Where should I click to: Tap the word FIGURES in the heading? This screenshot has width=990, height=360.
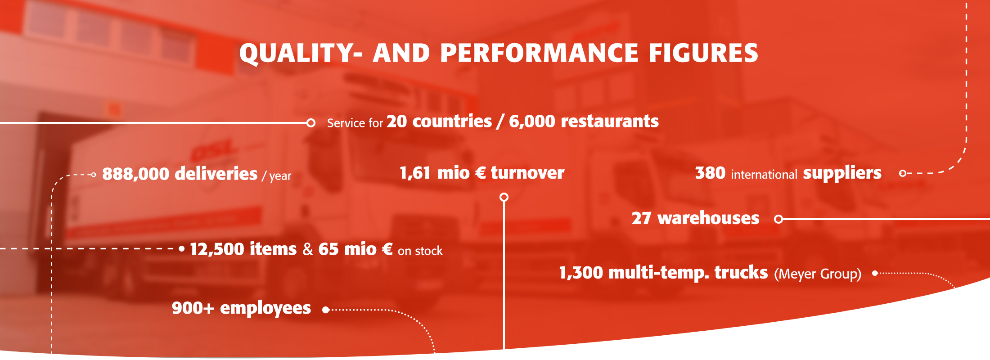[703, 53]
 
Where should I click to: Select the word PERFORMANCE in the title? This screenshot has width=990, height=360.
[540, 53]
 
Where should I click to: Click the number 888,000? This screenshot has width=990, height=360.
[135, 174]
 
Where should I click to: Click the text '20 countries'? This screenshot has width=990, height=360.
[439, 121]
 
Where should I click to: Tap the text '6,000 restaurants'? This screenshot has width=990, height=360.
[584, 121]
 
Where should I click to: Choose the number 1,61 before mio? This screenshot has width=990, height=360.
[415, 173]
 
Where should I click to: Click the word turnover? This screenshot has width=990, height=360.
[527, 173]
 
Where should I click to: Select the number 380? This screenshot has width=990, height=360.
[710, 173]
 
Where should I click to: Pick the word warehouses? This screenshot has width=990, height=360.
[708, 218]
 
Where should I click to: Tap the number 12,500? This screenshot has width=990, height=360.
[220, 249]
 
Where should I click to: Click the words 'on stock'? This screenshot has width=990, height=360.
[420, 251]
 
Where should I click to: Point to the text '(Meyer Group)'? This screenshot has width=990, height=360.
[818, 274]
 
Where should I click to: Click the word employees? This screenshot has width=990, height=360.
[265, 309]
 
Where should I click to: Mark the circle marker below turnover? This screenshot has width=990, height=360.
[504, 197]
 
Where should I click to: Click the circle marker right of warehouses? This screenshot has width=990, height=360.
[778, 219]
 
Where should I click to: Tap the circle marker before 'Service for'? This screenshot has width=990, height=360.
[310, 123]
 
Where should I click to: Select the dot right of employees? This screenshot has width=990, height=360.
[326, 310]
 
